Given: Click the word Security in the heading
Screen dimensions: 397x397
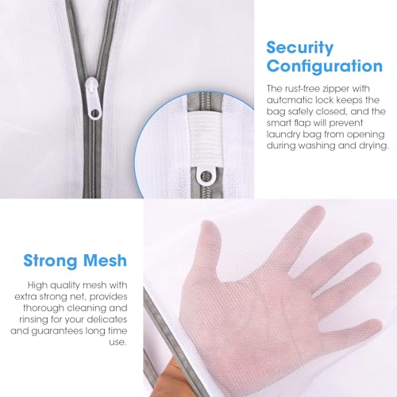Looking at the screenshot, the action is [x=300, y=48].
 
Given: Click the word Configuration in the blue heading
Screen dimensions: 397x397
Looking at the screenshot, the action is [x=325, y=66].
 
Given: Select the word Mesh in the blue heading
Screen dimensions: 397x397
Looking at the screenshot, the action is [x=105, y=260].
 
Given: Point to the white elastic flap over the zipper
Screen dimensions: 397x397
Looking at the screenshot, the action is [x=206, y=140].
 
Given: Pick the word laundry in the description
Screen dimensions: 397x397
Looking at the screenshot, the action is [x=283, y=135].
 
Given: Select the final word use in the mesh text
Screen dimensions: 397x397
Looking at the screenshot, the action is [x=118, y=343].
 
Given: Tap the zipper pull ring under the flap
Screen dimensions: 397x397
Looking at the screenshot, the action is [x=206, y=175].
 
